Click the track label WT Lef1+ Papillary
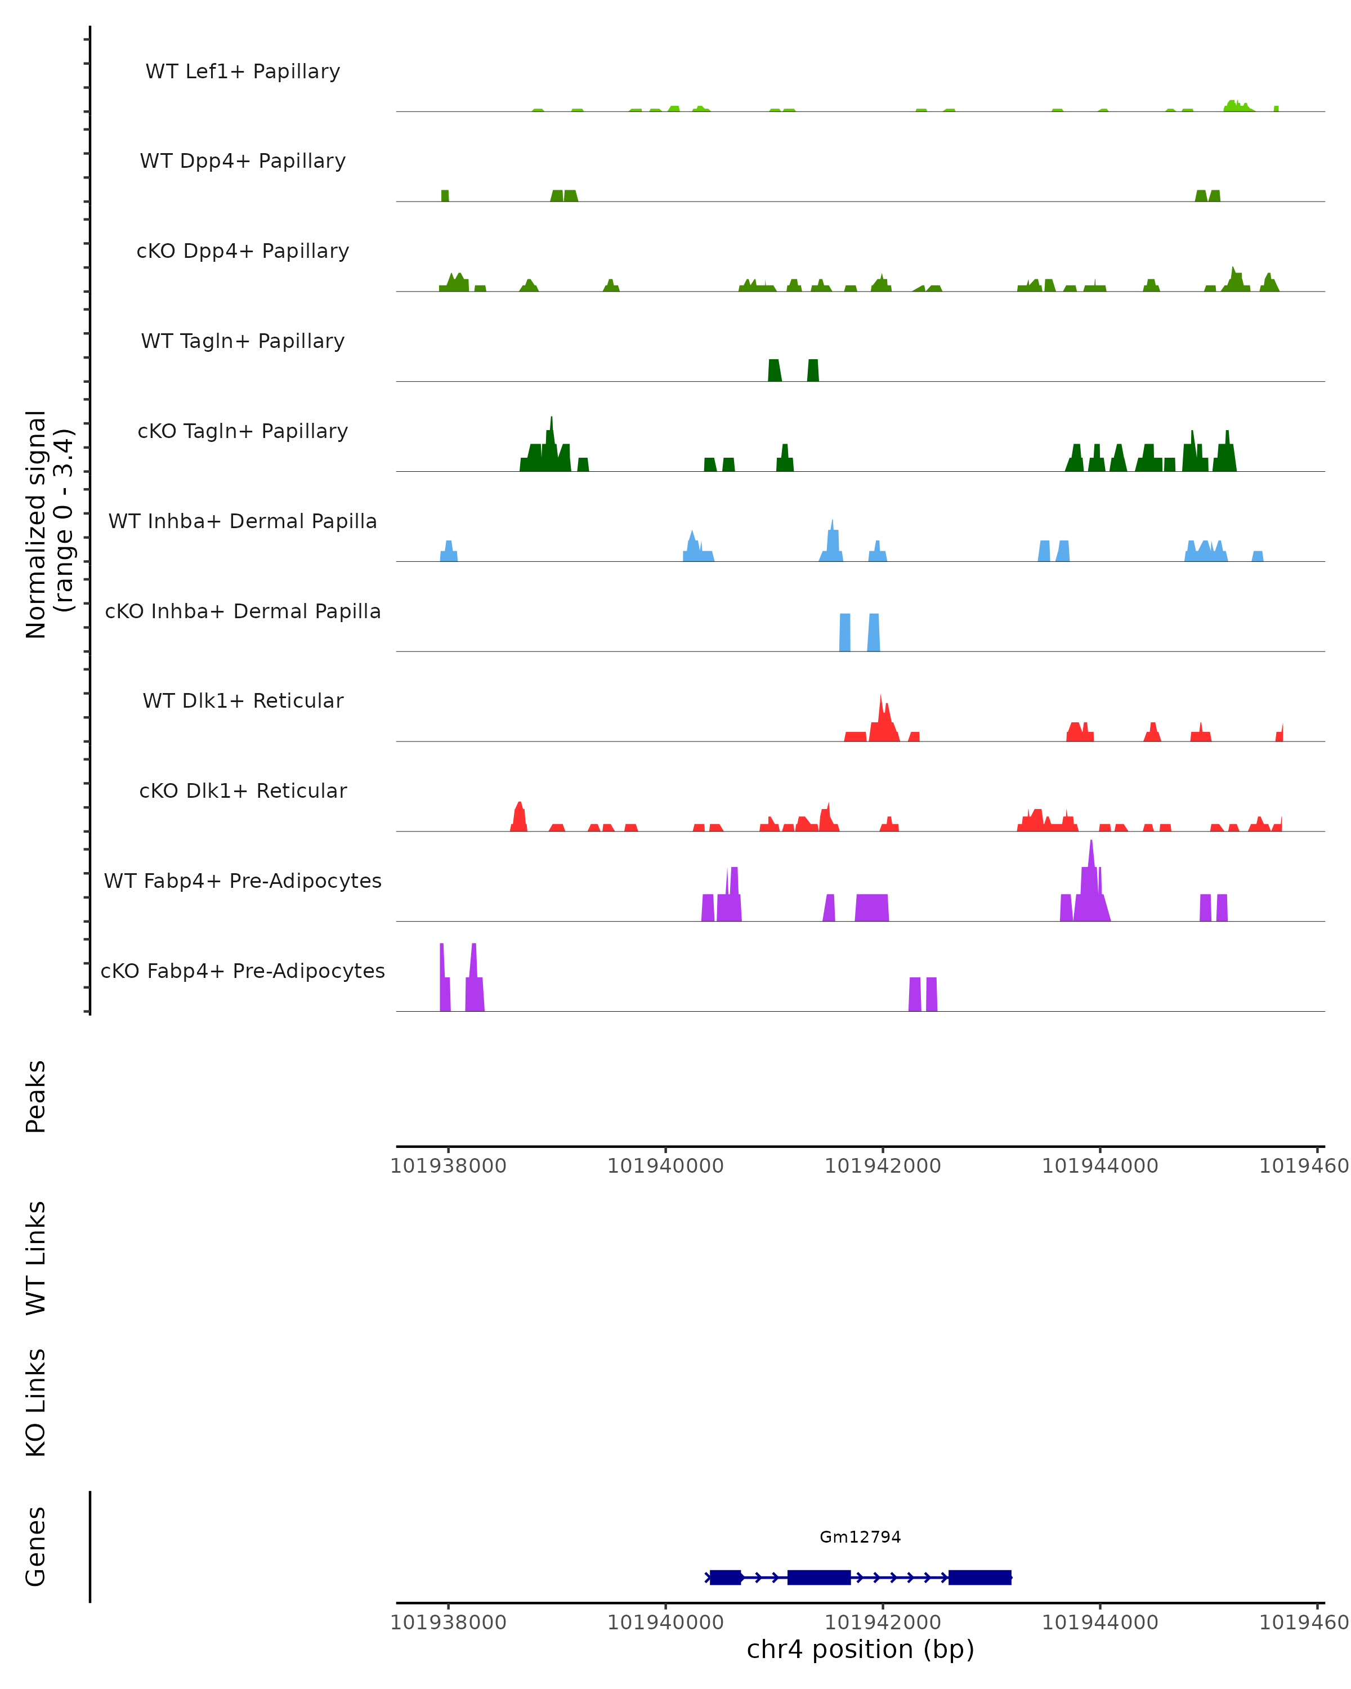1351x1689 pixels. (x=243, y=72)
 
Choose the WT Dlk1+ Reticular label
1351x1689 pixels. (x=243, y=700)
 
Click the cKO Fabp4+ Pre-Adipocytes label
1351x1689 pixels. (x=243, y=971)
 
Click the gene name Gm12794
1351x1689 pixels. (x=860, y=1536)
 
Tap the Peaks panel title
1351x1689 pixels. (x=36, y=1096)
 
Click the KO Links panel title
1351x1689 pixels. (x=36, y=1402)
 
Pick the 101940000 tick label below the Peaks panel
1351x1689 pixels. (x=666, y=1166)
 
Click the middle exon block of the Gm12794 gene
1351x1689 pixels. (x=818, y=1577)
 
